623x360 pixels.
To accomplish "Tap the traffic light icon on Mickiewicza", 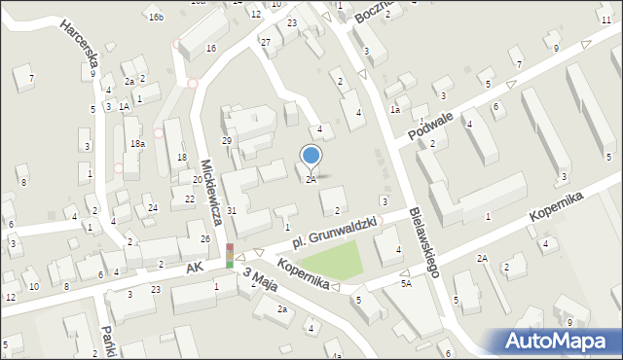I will click(x=230, y=256).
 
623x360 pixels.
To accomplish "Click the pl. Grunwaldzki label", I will click(x=335, y=231).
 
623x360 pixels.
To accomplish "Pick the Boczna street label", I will click(x=373, y=11).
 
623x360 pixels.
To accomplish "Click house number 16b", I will click(x=156, y=18).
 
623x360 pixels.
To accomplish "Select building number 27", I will click(x=265, y=41).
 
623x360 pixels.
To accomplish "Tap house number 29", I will click(x=227, y=142).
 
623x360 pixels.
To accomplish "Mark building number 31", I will click(x=232, y=211).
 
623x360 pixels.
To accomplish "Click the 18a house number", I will click(x=138, y=143).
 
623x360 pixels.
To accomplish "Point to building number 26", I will click(x=205, y=239).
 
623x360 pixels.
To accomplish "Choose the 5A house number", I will click(x=406, y=284).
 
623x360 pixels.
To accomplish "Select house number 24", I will click(x=153, y=208).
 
